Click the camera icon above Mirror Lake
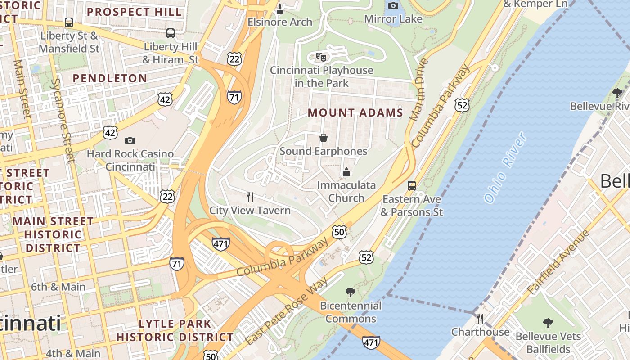point(393,5)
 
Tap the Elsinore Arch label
point(279,22)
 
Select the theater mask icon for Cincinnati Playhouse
point(321,57)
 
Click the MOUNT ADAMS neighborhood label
point(355,113)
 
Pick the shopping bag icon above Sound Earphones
point(323,137)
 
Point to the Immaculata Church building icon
point(346,172)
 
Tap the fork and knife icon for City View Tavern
point(250,197)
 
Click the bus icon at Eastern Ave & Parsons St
point(411,185)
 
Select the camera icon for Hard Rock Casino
point(130,140)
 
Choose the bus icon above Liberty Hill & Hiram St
point(170,33)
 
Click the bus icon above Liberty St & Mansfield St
point(69,22)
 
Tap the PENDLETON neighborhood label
point(110,78)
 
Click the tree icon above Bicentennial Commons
point(350,292)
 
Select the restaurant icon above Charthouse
point(480,319)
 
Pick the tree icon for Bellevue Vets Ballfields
point(548,323)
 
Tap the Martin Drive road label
point(417,90)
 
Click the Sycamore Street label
point(63,120)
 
